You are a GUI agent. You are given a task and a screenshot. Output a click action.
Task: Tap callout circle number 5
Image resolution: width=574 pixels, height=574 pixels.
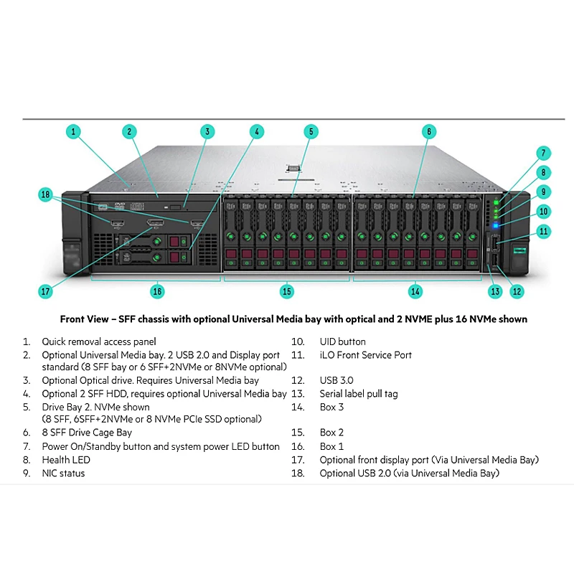[310, 131]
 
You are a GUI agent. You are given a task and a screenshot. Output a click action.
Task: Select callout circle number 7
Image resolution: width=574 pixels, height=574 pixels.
[544, 153]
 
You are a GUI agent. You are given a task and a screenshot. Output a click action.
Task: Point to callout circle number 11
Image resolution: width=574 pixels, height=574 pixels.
[544, 231]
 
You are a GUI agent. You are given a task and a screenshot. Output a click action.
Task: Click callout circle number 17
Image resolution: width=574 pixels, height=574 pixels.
[46, 291]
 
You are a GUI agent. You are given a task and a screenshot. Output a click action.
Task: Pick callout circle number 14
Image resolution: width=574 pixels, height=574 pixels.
[415, 291]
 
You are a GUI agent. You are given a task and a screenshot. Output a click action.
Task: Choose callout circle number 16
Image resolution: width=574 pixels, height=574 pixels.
[158, 291]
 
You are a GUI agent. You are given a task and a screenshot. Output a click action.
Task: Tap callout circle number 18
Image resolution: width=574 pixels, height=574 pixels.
[46, 194]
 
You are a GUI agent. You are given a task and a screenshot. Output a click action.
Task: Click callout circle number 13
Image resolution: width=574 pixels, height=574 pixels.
[494, 291]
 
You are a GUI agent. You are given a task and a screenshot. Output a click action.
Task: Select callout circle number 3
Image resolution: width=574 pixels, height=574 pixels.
[207, 131]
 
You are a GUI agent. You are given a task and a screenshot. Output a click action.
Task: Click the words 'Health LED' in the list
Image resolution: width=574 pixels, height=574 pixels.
[66, 460]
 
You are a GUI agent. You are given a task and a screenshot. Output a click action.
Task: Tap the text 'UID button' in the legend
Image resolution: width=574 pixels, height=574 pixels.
[342, 342]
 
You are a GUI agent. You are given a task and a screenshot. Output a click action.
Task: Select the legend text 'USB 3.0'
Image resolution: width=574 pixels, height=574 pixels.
[337, 380]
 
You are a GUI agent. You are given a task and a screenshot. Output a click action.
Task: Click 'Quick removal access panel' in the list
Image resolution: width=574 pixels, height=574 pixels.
[98, 342]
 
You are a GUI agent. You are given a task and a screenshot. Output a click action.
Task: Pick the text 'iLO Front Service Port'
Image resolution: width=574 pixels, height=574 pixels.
[366, 354]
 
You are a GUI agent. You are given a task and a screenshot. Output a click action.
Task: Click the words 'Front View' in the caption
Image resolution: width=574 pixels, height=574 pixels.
[83, 319]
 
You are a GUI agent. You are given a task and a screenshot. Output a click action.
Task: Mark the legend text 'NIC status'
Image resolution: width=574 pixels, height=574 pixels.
[63, 473]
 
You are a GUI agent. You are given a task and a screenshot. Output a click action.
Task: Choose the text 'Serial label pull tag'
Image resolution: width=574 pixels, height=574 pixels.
[359, 393]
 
